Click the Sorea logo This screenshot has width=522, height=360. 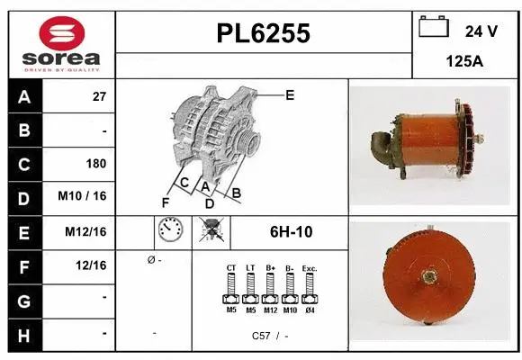point(61,45)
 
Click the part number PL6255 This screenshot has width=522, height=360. point(264,33)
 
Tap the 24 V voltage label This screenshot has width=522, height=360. point(481,31)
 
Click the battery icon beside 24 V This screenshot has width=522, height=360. point(434,29)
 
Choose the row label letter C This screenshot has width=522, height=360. point(23,164)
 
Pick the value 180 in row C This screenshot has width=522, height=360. point(95,164)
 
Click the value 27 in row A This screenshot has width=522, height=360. point(99,96)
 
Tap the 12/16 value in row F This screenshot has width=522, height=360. point(92,265)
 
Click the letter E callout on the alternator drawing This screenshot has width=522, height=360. point(290,94)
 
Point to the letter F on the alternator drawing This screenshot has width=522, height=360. point(165,201)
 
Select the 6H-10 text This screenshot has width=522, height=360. point(291,231)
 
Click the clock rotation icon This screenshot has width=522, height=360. point(171,231)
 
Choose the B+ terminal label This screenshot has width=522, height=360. point(270,267)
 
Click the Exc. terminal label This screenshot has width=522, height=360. point(310,267)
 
